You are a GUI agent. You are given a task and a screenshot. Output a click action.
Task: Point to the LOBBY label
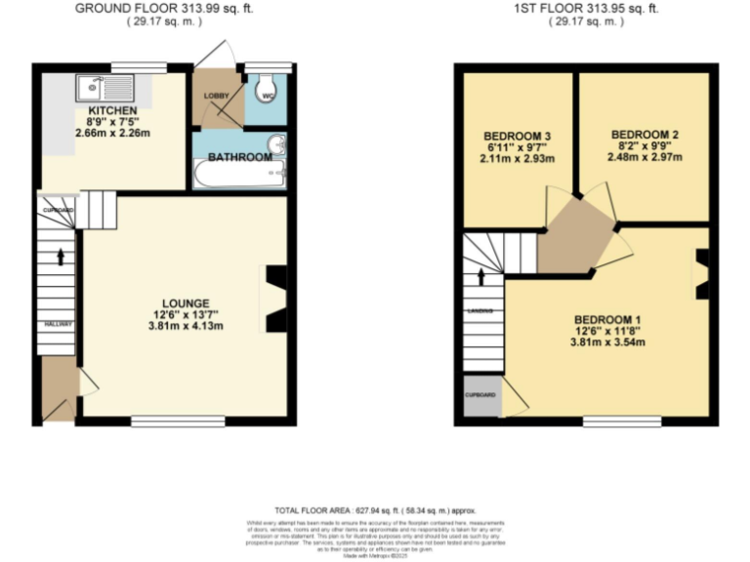pos(215,96)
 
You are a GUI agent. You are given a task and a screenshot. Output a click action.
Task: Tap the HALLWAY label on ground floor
pos(57,323)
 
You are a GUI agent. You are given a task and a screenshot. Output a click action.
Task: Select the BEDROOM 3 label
pos(511,136)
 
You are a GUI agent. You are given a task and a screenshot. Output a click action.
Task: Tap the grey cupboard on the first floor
pos(480,400)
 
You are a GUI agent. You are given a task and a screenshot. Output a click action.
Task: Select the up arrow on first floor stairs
pos(480,276)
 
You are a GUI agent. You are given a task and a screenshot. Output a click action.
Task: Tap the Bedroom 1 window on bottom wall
pos(620,421)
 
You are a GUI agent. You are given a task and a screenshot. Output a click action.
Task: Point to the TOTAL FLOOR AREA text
pos(374,509)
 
